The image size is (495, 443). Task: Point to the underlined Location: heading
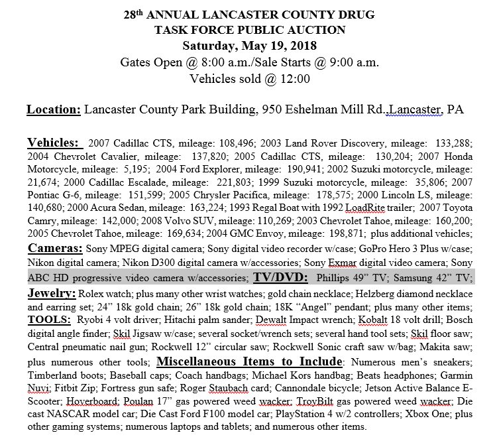click(54, 109)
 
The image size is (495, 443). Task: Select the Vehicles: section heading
click(54, 143)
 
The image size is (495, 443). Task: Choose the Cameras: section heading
click(55, 248)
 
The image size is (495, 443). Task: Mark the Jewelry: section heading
click(52, 292)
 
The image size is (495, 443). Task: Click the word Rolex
click(91, 294)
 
